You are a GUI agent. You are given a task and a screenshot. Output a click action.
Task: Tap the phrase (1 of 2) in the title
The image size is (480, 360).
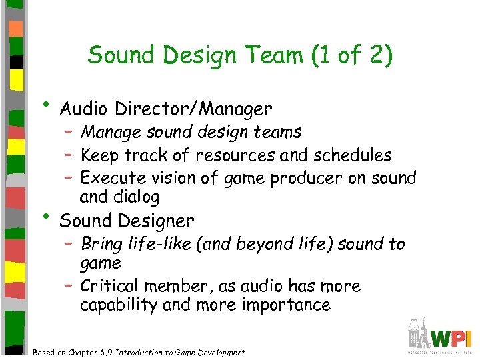[x=351, y=55]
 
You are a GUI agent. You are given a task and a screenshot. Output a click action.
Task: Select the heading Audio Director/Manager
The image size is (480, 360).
[x=165, y=108]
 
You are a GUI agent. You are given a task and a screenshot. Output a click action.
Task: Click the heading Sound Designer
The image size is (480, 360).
[x=127, y=220]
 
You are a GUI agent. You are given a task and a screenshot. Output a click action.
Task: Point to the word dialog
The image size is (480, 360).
[x=137, y=197]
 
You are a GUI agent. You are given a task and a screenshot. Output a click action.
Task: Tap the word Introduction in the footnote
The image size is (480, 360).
[x=139, y=353]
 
